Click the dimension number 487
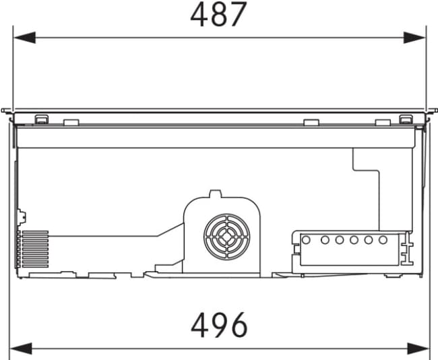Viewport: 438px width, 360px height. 218,14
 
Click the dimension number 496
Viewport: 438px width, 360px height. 219,325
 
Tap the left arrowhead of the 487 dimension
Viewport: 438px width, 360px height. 24,38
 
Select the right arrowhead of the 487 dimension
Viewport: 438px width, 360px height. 414,38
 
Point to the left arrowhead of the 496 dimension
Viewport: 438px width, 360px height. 21,349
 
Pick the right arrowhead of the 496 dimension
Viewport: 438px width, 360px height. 418,349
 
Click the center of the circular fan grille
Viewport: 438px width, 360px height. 227,237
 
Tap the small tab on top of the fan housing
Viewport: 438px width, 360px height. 216,193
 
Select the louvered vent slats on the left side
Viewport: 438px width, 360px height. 35,249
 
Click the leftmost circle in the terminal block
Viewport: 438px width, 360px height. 306,240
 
